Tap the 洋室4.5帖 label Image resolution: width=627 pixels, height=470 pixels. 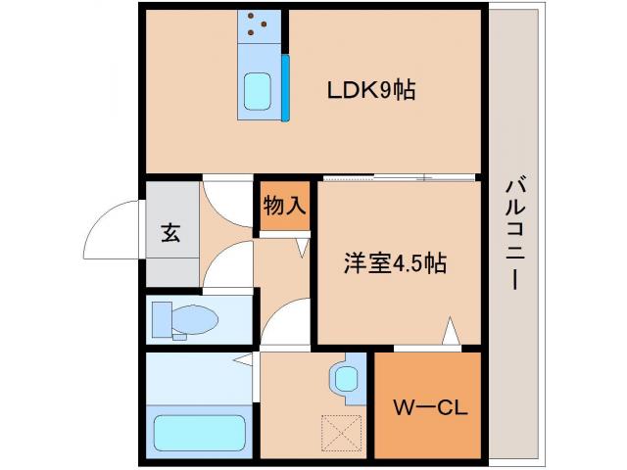pyautogui.click(x=395, y=263)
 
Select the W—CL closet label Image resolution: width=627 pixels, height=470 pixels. pyautogui.click(x=429, y=406)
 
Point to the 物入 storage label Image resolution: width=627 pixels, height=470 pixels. pyautogui.click(x=284, y=206)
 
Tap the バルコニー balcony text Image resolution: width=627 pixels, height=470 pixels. pyautogui.click(x=514, y=233)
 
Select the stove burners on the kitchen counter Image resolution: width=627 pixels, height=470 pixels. pyautogui.click(x=260, y=28)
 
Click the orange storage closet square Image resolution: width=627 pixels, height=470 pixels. pyautogui.click(x=284, y=207)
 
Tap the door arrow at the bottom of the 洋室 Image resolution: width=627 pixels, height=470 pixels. pyautogui.click(x=450, y=331)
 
